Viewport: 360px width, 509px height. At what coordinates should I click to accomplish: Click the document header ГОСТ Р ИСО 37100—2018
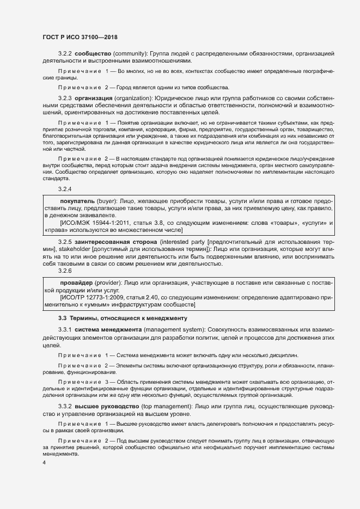pos(80,36)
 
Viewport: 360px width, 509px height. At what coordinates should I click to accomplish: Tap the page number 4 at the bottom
pos(44,462)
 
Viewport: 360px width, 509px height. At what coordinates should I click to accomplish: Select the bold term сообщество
pos(93,54)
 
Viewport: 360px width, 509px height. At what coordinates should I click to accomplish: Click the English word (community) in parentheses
pos(132,54)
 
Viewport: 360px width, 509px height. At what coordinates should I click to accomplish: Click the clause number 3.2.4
pos(65,189)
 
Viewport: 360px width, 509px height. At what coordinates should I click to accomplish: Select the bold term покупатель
pos(77,201)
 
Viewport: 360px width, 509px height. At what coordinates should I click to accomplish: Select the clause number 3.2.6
pos(65,271)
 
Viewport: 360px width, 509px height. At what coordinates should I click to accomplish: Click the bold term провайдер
pos(76,284)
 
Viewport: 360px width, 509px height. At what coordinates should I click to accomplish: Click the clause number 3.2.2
pos(65,54)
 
